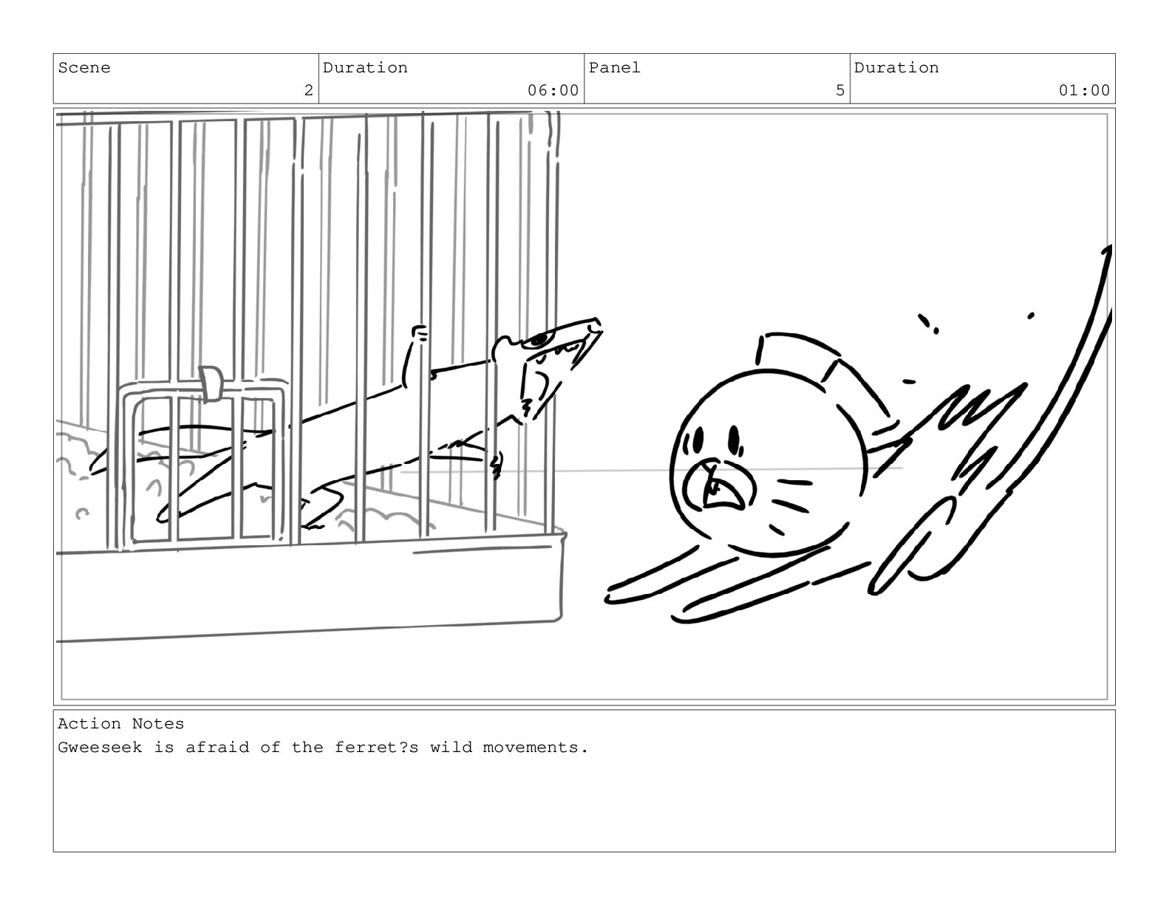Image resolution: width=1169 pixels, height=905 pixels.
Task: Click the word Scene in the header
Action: pyautogui.click(x=84, y=68)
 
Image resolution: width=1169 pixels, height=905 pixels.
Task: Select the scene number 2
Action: pyautogui.click(x=308, y=90)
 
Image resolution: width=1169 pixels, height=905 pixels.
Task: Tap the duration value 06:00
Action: pyautogui.click(x=553, y=90)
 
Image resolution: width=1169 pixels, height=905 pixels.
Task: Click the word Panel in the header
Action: pyautogui.click(x=614, y=68)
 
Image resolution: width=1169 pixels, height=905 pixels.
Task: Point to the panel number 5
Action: pyautogui.click(x=839, y=90)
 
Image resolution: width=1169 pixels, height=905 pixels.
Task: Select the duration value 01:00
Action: pyautogui.click(x=1084, y=90)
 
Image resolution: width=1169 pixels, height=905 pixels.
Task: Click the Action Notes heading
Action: pyautogui.click(x=121, y=723)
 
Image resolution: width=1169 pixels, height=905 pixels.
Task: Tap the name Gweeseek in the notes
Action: pyautogui.click(x=100, y=747)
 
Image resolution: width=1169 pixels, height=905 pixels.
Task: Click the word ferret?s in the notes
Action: pyautogui.click(x=376, y=747)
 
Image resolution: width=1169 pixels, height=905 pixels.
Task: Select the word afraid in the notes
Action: pyautogui.click(x=217, y=747)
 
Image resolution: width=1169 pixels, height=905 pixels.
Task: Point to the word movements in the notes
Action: pyautogui.click(x=531, y=747)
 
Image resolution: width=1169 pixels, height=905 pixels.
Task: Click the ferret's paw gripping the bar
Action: pyautogui.click(x=420, y=332)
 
